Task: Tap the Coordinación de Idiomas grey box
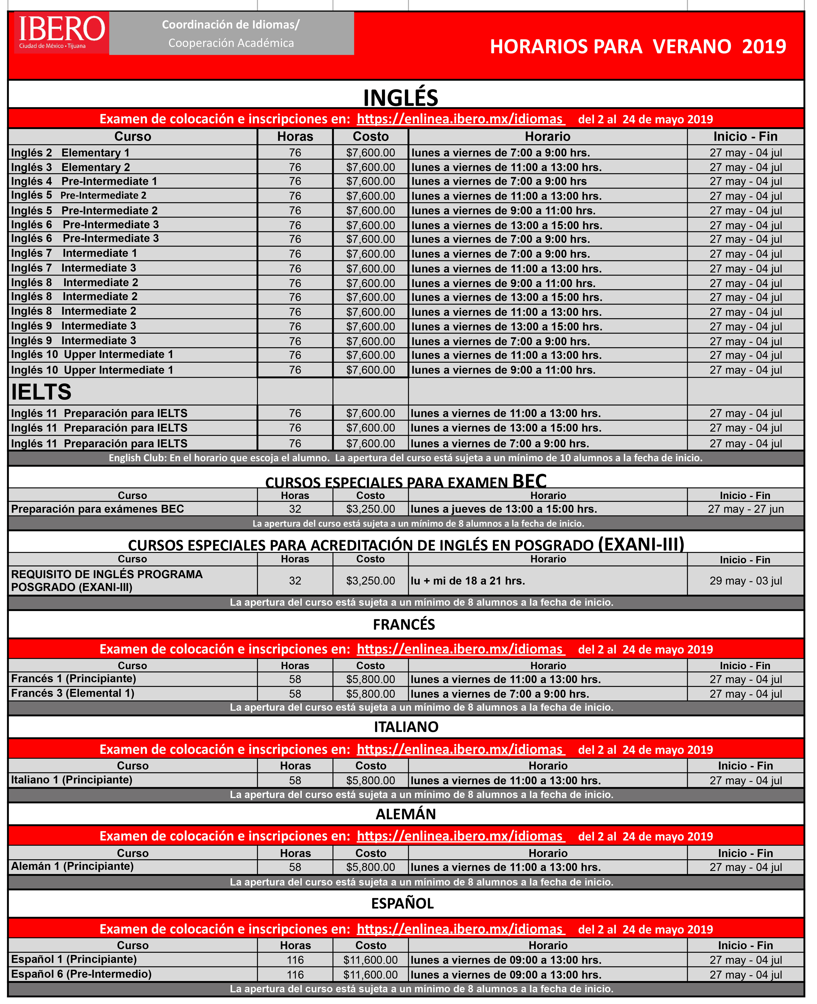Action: pyautogui.click(x=231, y=33)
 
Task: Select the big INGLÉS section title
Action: pyautogui.click(x=400, y=97)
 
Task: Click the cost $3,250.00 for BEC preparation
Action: pyautogui.click(x=370, y=509)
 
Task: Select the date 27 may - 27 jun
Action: pyautogui.click(x=745, y=509)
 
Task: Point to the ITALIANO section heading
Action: pyautogui.click(x=406, y=727)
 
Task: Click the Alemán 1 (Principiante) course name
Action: pyautogui.click(x=72, y=866)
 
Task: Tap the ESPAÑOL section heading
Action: pyautogui.click(x=402, y=903)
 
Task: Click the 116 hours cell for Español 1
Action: pyautogui.click(x=295, y=960)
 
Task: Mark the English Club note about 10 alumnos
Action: pyautogui.click(x=405, y=457)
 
